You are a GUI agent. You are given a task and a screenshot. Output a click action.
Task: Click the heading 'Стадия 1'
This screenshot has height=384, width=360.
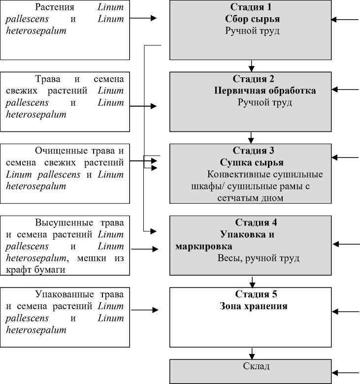(251, 7)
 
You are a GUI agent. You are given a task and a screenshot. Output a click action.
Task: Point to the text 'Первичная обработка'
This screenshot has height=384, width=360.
(265, 91)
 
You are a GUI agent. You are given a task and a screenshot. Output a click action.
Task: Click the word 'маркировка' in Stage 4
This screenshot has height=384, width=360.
(204, 246)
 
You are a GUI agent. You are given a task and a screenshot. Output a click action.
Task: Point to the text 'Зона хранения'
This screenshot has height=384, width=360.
(253, 306)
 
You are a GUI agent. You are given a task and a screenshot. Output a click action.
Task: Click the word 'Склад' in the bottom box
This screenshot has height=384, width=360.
(256, 366)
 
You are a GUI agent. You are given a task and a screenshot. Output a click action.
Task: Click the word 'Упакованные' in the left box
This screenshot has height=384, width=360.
(63, 294)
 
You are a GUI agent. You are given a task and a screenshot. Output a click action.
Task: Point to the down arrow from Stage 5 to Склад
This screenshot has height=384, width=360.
(253, 353)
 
